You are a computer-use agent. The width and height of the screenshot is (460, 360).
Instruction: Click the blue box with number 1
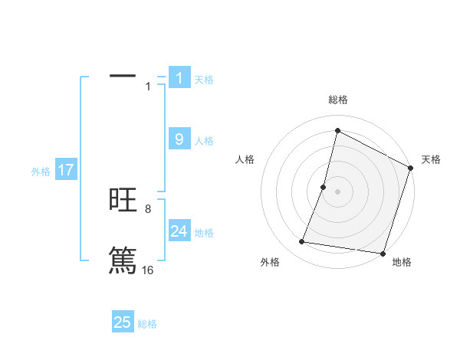coord(179,77)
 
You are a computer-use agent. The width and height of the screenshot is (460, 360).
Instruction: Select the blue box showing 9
coord(179,139)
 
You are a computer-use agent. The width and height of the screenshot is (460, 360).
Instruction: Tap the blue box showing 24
coord(179,231)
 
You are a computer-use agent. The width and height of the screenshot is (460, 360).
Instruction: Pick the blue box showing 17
coord(65,170)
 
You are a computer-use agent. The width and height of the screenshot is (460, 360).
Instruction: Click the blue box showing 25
coord(123,322)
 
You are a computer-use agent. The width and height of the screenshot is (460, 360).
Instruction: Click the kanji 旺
coord(123,201)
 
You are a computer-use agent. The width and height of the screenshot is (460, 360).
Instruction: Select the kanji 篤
coord(123,259)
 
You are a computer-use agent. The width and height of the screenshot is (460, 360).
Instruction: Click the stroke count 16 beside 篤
coord(147,270)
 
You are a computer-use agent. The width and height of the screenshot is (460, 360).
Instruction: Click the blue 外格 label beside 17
coord(41,172)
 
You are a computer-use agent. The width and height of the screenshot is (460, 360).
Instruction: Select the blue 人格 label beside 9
coord(204,141)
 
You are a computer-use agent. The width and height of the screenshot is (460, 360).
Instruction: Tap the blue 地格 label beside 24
coord(204,232)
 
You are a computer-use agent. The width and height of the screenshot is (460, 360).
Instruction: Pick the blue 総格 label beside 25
coord(147,324)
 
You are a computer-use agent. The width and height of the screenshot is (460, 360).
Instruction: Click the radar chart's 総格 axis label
coord(337,100)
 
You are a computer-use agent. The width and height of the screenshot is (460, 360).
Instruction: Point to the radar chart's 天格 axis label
coord(431,159)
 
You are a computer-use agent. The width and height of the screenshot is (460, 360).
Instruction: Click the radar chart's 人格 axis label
coord(245,159)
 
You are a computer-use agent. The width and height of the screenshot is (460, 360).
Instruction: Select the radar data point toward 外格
coord(302,242)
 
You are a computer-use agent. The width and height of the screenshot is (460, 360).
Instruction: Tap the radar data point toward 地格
coord(382,253)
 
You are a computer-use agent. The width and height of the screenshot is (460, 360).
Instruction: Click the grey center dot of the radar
coord(337,191)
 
